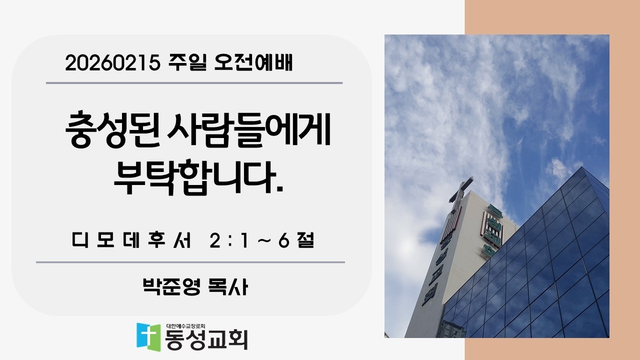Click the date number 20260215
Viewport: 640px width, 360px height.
coord(111,63)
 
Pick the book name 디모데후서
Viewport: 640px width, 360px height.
coord(132,242)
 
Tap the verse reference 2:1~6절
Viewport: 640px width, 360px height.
coord(262,242)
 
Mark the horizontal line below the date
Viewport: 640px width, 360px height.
coord(194,83)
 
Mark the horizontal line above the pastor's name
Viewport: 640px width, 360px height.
coord(190,261)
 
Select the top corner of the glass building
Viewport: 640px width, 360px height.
coord(582,168)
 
